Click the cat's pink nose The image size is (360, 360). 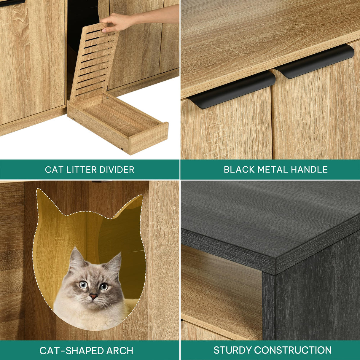click(94, 296)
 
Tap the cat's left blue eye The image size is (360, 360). click(83, 285)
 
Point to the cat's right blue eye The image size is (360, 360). click(104, 286)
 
